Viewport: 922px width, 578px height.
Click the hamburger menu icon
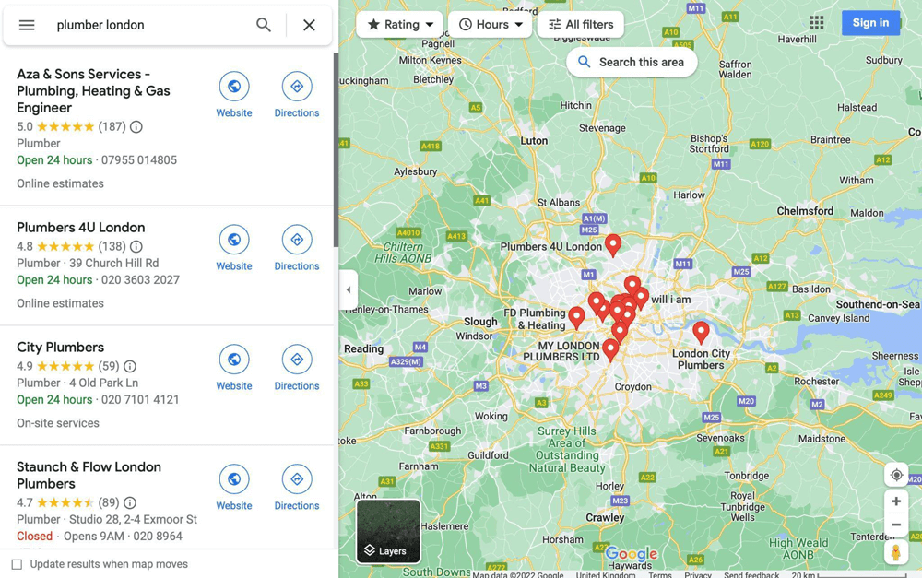27,25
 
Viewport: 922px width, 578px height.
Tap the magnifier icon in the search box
264,25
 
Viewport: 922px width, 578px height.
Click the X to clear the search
309,25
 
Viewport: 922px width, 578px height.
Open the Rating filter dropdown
399,25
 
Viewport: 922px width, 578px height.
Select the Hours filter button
490,25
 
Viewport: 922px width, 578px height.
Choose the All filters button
580,25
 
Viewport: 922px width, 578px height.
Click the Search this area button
632,62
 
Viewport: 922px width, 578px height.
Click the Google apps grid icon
817,23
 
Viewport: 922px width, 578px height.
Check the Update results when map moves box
17,564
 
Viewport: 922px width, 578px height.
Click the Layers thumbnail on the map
388,531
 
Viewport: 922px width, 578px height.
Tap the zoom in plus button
896,501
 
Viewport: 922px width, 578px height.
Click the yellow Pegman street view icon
896,552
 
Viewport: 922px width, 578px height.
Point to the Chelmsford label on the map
805,211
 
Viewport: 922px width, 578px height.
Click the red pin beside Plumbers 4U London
613,243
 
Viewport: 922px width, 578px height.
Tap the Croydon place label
632,387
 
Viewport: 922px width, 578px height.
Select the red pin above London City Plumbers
701,331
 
